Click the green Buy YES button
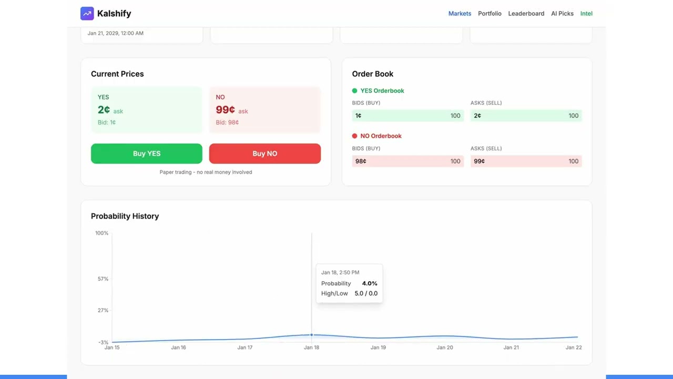tap(146, 153)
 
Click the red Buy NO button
tap(264, 153)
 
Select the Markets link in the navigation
tap(460, 13)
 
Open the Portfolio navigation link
tap(490, 13)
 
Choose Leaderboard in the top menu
tap(526, 13)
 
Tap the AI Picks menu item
tap(562, 13)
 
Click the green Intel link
tap(586, 13)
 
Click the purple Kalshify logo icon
tap(87, 13)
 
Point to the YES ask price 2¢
tap(104, 109)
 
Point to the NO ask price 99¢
tap(225, 109)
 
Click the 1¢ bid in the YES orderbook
tap(358, 115)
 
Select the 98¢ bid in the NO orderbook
tap(361, 161)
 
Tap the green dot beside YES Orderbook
tap(354, 91)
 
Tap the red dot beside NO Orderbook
tap(354, 136)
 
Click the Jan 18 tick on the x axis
tap(311, 347)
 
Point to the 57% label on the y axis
tap(103, 278)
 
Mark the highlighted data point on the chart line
tap(311, 335)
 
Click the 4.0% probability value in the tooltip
tap(370, 283)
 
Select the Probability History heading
tap(125, 216)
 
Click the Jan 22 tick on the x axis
tap(574, 347)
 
